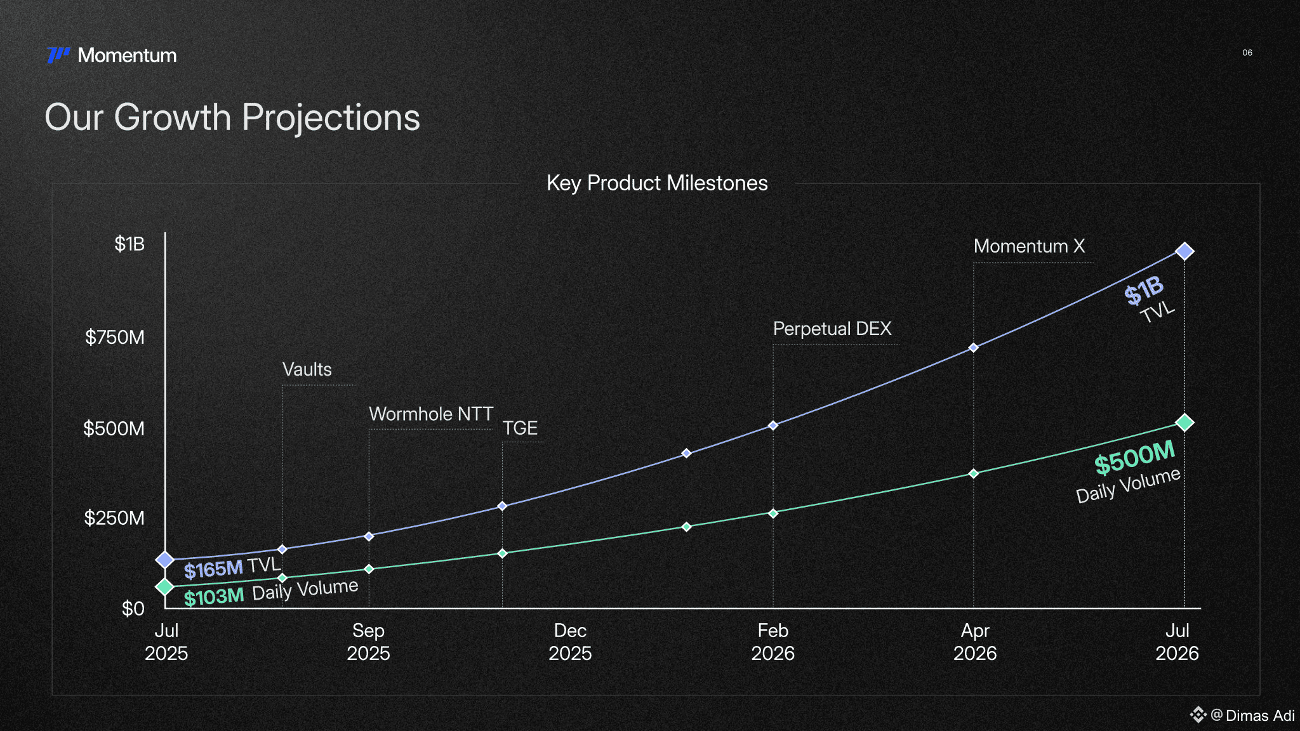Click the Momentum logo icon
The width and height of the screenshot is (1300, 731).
point(58,55)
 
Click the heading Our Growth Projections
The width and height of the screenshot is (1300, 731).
point(232,117)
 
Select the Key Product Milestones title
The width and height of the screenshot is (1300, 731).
point(657,183)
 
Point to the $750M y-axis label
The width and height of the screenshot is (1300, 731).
point(115,337)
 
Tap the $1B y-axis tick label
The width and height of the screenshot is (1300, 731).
point(129,244)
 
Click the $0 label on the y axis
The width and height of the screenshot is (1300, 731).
point(133,609)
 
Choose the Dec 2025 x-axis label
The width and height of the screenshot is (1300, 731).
point(570,642)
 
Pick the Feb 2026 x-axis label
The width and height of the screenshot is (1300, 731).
point(773,642)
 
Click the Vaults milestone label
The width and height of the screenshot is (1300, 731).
point(307,369)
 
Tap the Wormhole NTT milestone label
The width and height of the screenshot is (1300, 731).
point(431,414)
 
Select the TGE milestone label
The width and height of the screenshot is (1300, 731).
point(520,428)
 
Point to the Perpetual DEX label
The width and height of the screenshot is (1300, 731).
point(832,329)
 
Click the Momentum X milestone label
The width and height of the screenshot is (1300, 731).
point(1029,246)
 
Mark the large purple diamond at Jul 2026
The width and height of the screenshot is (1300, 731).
point(1184,251)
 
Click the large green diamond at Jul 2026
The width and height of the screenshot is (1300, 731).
point(1184,423)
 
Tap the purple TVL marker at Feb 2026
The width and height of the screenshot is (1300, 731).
point(773,425)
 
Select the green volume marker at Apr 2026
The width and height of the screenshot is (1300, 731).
point(973,473)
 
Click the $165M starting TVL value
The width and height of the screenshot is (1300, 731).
point(213,569)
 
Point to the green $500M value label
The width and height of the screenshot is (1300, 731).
point(1135,457)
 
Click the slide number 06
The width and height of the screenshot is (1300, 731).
point(1247,53)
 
